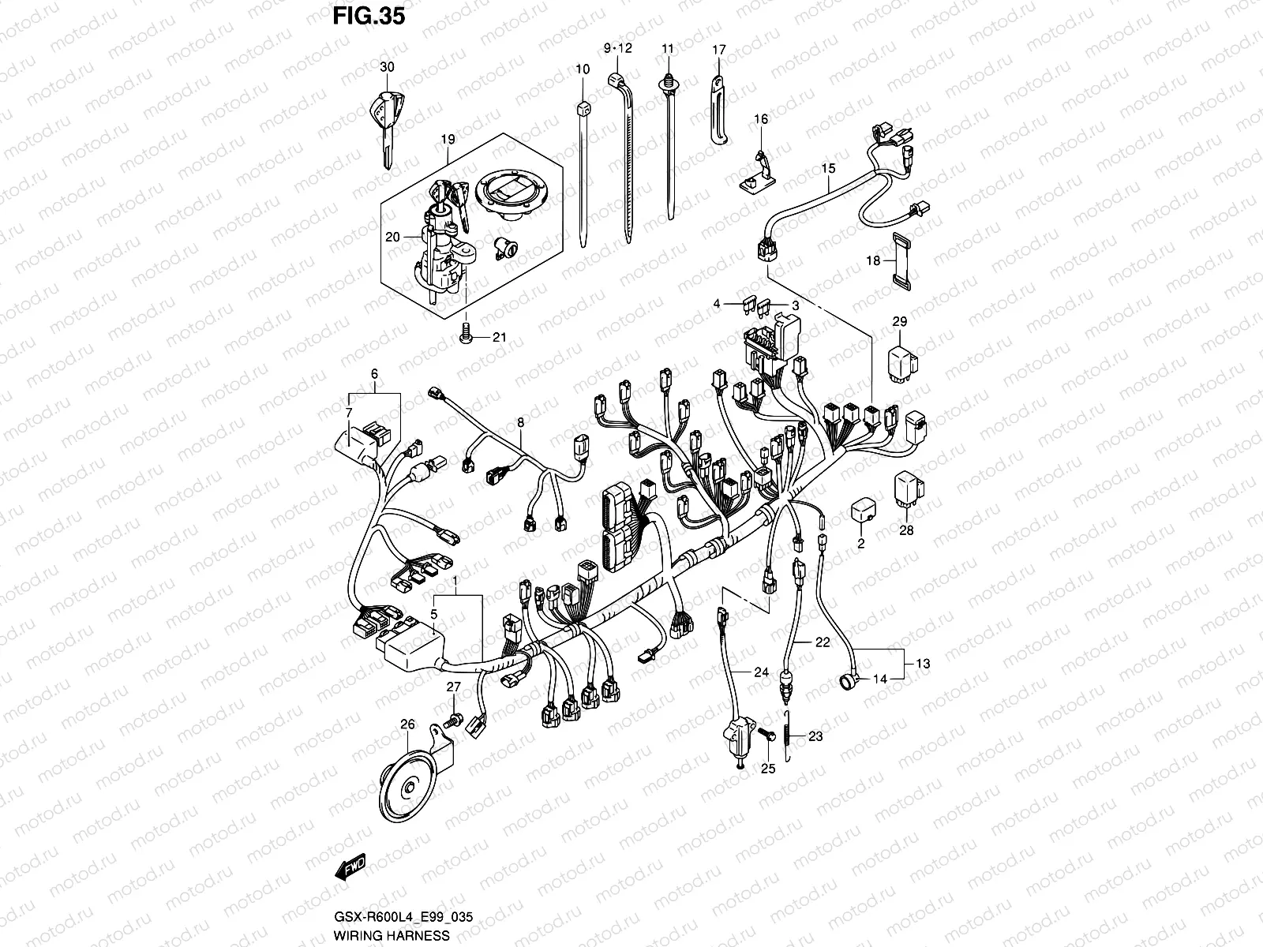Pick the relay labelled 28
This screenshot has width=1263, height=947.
pyautogui.click(x=909, y=491)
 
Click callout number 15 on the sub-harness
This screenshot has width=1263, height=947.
pyautogui.click(x=828, y=168)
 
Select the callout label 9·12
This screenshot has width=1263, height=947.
pyautogui.click(x=619, y=48)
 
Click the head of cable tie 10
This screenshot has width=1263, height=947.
pyautogui.click(x=583, y=109)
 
